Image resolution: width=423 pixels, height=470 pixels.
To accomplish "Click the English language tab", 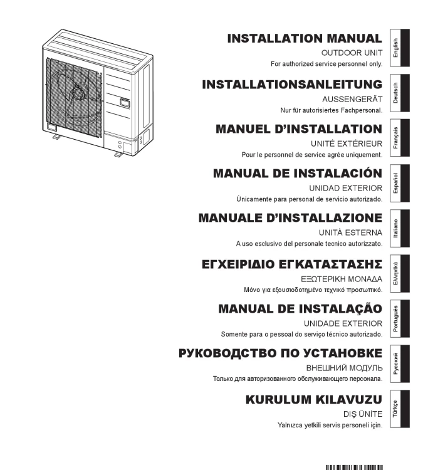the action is point(400,48).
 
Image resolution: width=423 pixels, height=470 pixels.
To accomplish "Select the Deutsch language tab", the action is point(400,93).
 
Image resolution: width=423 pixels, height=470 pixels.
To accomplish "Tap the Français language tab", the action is point(400,138).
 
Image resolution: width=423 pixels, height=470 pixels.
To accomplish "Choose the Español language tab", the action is point(400,183).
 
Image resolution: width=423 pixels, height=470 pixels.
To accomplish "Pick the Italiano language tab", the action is point(400,228).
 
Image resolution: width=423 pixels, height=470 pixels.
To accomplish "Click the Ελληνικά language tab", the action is point(400,274).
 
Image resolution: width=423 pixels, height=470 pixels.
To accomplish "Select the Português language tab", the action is point(400,318).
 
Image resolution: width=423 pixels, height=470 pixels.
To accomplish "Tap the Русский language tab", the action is point(400,363).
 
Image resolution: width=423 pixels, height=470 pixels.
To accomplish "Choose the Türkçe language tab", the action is point(400,409).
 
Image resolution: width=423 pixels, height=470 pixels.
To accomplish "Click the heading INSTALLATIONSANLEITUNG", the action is point(292,84).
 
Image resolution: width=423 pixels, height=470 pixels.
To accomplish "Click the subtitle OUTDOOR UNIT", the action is point(352,53).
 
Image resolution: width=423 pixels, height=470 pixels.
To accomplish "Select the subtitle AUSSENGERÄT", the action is point(353,98).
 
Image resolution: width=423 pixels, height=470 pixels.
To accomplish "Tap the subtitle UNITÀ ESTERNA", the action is point(351,232).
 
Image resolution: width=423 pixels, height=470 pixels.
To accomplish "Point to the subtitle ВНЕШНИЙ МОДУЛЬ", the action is point(345,368).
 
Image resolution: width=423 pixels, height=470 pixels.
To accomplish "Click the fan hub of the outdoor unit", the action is point(79,92).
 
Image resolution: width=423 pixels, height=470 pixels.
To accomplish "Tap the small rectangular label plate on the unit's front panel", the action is point(125,103).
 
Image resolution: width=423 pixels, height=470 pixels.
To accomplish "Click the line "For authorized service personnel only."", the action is point(326,64).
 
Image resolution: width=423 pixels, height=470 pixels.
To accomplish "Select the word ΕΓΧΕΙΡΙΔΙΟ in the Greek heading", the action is point(238,264).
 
